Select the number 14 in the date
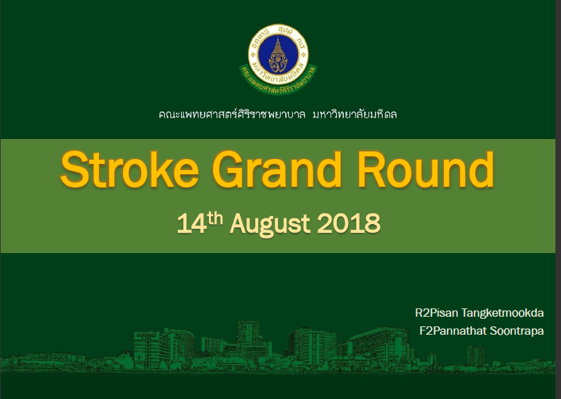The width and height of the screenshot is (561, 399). tap(192, 224)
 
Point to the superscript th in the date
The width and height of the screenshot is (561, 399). tap(215, 219)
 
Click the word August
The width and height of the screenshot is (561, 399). tap(270, 225)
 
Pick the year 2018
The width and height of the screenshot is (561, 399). tap(349, 224)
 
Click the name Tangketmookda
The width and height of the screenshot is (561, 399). tap(502, 313)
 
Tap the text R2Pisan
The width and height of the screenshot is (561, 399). tap(436, 313)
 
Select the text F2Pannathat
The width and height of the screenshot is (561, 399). tap(452, 331)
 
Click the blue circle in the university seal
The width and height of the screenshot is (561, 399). tap(278, 54)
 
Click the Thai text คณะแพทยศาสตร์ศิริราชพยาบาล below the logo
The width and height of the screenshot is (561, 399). tap(232, 114)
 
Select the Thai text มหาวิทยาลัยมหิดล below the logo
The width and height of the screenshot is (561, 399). tap(355, 114)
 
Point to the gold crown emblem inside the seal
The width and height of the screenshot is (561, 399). tap(278, 55)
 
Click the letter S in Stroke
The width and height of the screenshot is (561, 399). tap(75, 169)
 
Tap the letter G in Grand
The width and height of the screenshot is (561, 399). tap(230, 169)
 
